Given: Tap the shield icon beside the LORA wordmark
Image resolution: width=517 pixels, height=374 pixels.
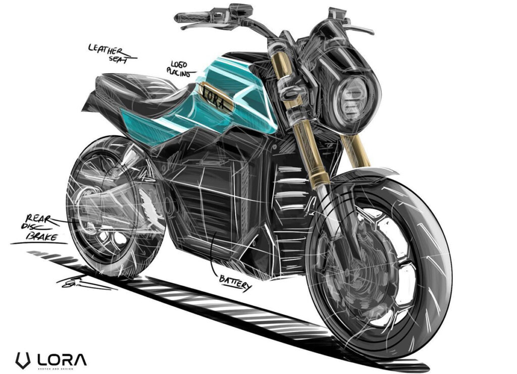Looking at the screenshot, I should tap(21, 360).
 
